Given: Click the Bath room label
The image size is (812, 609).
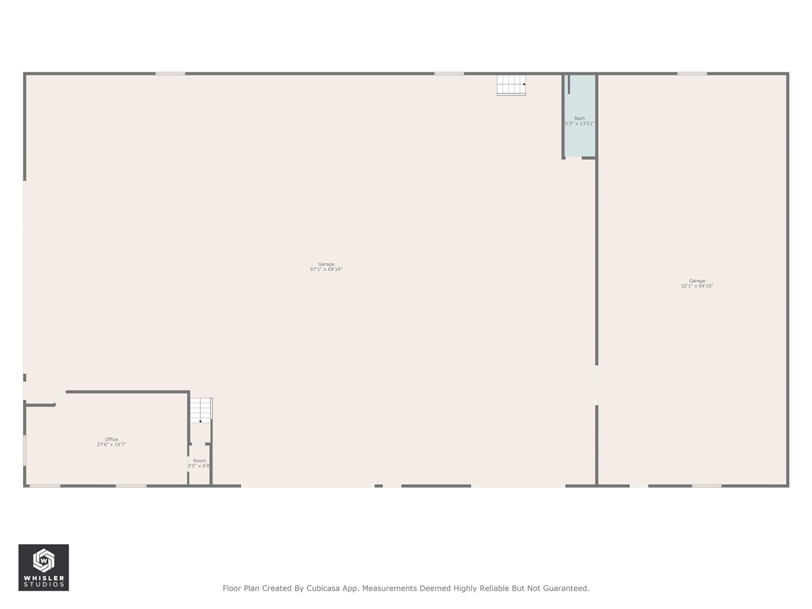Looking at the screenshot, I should tap(579, 118).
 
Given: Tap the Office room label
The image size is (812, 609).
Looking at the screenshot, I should tap(112, 439).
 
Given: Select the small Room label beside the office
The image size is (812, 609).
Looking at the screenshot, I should tap(199, 461).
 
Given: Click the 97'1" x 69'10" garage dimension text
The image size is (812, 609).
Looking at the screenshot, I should tap(326, 270).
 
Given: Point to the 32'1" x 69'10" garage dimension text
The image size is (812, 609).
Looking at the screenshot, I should tap(697, 286).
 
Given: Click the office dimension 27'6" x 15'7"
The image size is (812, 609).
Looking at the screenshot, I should tap(112, 445).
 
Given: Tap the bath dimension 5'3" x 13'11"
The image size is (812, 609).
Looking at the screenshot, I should tap(580, 124).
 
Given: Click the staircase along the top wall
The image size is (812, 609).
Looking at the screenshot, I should tap(511, 84).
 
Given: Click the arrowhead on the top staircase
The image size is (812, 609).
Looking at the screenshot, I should tap(524, 84).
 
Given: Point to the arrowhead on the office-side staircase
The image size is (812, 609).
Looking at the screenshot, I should tap(200, 421).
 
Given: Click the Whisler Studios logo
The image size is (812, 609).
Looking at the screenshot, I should tap(43, 567).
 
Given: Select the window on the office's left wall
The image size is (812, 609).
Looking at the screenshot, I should tap(25, 450).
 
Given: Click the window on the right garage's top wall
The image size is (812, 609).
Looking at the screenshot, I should tap(692, 74).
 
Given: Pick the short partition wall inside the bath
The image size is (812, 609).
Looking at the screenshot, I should tap(569, 84).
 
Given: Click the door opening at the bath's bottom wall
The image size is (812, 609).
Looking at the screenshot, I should tap(573, 158).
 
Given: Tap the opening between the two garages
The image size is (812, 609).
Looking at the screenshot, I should tap(596, 385).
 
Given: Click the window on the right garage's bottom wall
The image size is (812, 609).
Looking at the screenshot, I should tap(707, 486).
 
